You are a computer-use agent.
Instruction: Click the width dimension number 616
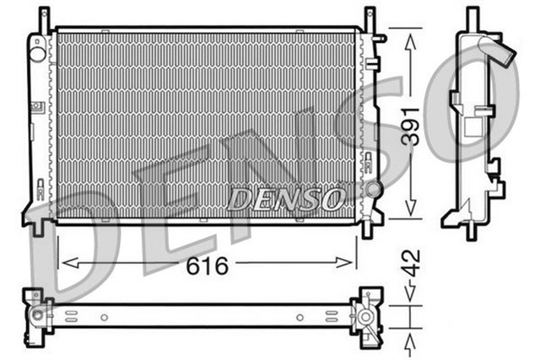click(x=207, y=266)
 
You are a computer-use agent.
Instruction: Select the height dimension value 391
click(x=409, y=126)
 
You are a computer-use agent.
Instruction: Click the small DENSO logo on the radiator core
click(x=286, y=199)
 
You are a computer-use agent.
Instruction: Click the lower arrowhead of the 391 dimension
click(x=410, y=215)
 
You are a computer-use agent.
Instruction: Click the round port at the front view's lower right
click(x=372, y=190)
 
